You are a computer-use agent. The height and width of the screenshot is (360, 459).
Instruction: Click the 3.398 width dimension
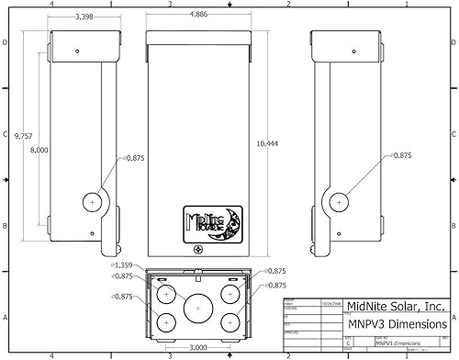click(84, 17)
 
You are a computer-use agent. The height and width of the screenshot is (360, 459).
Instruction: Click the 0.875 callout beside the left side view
click(134, 156)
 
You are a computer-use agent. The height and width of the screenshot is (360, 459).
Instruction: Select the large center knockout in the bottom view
click(197, 308)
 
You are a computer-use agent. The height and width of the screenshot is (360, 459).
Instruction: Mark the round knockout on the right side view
click(339, 200)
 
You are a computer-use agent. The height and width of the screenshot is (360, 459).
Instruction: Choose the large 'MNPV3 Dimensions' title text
click(397, 324)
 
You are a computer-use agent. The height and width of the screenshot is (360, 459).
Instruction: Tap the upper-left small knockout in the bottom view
click(167, 295)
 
